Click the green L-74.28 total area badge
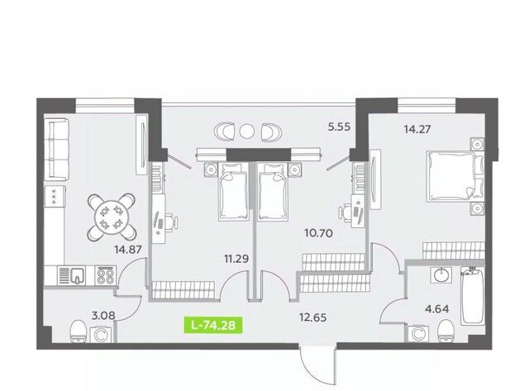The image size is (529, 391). click(213, 325)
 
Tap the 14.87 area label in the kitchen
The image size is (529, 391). click(127, 250)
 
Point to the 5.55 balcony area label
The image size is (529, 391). click(340, 126)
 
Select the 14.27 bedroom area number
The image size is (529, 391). click(417, 129)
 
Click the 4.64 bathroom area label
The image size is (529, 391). click(437, 308)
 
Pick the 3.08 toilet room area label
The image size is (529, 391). click(103, 316)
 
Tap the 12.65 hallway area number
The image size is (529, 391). click(312, 317)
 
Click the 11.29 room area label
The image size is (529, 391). click(236, 259)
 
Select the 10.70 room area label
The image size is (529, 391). click(318, 233)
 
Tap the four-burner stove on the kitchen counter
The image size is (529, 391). click(106, 275)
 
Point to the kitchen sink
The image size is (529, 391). click(78, 275)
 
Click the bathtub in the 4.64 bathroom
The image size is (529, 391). click(472, 296)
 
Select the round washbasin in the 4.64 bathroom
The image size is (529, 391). click(441, 275)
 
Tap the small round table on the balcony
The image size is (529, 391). click(247, 131)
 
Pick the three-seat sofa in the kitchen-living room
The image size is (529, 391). click(57, 149)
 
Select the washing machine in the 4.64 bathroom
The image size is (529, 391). click(418, 333)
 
